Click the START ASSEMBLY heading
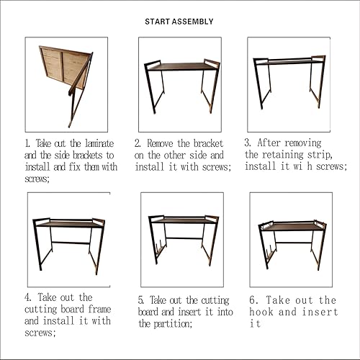point(179,22)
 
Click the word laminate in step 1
point(99,143)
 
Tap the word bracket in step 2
point(208,143)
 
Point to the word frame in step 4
point(99,309)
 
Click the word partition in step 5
point(173,324)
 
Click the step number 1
point(27,143)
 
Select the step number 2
point(138,143)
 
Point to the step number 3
point(248,143)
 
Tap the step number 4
point(28,297)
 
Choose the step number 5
point(141,300)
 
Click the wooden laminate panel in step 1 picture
point(63,66)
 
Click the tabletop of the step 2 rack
point(182,66)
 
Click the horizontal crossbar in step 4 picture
point(71,243)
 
